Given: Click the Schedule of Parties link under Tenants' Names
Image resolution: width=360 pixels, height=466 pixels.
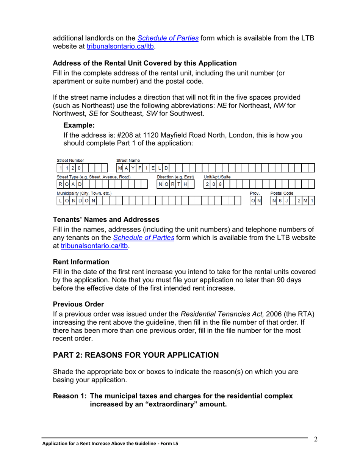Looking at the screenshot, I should (144, 238).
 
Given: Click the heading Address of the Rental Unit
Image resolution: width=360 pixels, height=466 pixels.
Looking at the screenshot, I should (145, 63).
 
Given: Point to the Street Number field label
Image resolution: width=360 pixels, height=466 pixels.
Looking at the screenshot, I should (70, 161).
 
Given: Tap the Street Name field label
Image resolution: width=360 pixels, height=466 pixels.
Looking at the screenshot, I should (128, 161).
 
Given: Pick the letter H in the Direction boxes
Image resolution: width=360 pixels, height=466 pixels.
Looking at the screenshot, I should (185, 185).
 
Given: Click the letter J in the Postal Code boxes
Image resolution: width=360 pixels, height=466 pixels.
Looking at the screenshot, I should (286, 201).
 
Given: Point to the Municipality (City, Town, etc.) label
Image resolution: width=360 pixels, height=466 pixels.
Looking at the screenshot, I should (84, 193).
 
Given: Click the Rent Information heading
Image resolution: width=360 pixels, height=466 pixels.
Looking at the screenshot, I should (81, 262).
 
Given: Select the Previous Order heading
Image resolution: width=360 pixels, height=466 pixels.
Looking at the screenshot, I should (78, 304).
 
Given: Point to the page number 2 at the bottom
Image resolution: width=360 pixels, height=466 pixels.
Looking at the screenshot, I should (315, 439).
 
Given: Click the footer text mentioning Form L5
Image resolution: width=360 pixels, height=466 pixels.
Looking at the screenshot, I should (110, 444).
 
